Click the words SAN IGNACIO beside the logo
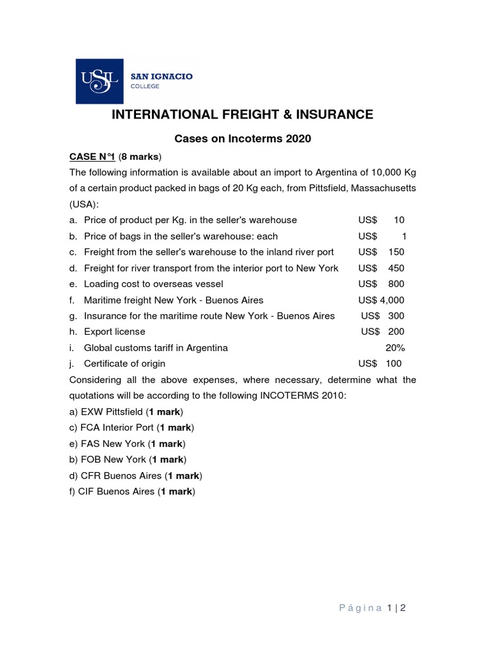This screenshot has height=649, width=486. coord(162,76)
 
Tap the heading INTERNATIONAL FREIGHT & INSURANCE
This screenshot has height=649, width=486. coord(242,115)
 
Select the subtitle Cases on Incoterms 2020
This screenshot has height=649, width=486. coord(243,139)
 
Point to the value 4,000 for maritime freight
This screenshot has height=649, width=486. coord(392,300)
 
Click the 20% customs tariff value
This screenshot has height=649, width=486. coord(395,348)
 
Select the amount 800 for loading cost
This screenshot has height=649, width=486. coord(396,284)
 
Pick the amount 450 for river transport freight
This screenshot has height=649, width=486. coord(396,268)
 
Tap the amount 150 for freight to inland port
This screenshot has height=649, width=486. coord(396,252)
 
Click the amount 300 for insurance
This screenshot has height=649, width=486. coord(396,316)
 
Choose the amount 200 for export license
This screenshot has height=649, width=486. coord(396,331)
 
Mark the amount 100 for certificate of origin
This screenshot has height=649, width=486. coord(393,364)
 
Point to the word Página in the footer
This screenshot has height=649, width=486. coord(357,608)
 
